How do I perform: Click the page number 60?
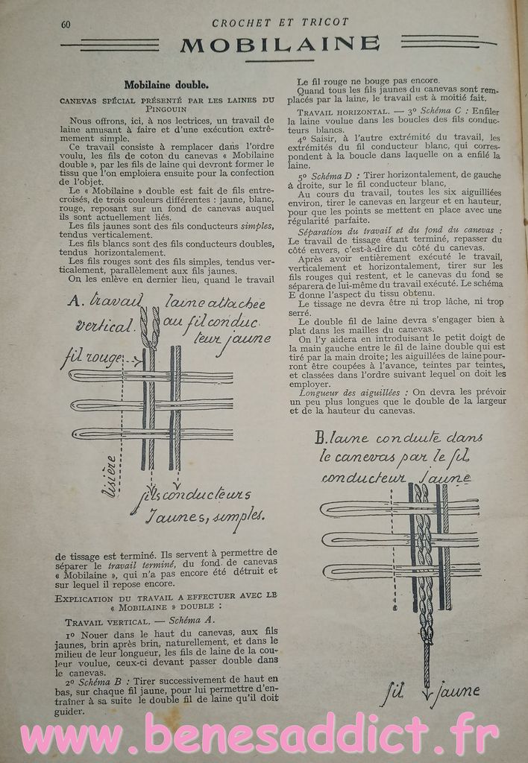(x=66, y=24)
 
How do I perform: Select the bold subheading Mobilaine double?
(x=166, y=85)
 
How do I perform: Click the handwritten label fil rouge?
(x=93, y=358)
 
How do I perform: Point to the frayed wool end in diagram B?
(x=426, y=633)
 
